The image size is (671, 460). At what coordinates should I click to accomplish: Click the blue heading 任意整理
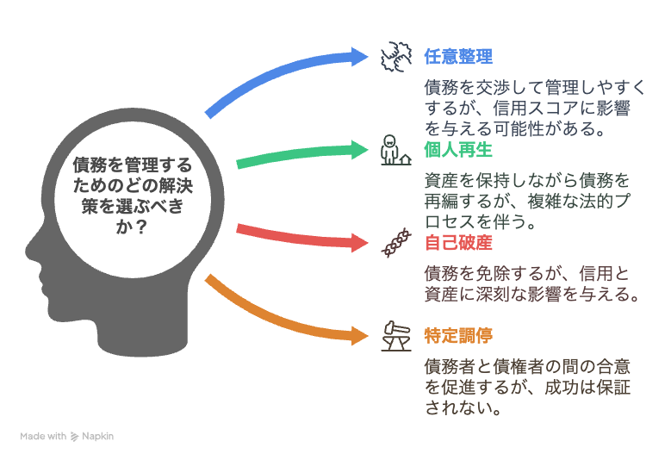(458, 57)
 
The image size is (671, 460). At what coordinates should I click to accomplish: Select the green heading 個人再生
(458, 150)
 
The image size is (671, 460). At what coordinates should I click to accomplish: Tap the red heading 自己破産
(458, 243)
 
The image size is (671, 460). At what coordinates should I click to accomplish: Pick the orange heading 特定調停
(458, 335)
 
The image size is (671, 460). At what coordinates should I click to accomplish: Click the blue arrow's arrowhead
(359, 57)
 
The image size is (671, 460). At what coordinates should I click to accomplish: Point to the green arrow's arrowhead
(359, 150)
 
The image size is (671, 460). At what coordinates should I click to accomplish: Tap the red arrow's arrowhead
(359, 243)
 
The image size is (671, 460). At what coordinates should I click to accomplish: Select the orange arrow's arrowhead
(359, 335)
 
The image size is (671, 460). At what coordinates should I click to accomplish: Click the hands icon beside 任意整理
(396, 57)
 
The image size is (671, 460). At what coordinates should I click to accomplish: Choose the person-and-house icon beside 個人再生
(396, 150)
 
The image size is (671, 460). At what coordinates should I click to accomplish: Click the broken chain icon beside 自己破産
(396, 243)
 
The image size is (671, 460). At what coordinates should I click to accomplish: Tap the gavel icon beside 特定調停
(396, 336)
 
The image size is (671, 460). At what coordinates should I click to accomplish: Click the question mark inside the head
(140, 227)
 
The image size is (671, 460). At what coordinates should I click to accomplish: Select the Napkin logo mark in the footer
(74, 437)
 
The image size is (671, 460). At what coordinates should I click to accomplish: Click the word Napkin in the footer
(97, 437)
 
